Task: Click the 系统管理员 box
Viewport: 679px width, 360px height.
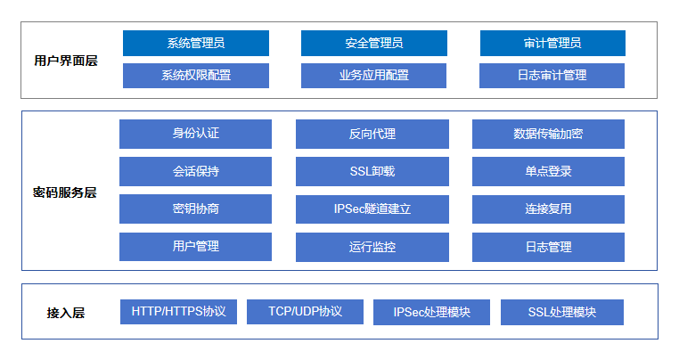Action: [196, 43]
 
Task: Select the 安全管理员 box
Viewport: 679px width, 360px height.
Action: [374, 43]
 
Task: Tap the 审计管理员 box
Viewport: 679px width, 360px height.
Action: [552, 43]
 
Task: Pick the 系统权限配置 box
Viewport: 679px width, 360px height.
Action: [196, 76]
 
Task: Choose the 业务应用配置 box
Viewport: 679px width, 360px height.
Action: [373, 76]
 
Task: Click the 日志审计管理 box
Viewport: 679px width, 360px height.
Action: [552, 76]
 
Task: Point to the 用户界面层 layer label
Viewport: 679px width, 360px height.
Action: [66, 61]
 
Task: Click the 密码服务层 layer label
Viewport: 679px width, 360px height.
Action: [64, 192]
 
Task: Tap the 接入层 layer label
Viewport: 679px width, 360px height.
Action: [66, 313]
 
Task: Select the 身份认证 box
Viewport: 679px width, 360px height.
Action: [195, 134]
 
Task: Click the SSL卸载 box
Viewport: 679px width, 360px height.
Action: [372, 172]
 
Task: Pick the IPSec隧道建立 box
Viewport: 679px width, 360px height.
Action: [372, 209]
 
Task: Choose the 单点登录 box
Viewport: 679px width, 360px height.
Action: [548, 172]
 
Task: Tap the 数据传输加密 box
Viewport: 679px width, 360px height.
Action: [548, 134]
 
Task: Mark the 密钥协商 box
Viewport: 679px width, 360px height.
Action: [195, 209]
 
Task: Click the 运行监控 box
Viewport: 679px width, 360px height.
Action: [372, 247]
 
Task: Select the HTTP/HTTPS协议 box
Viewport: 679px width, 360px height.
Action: [178, 312]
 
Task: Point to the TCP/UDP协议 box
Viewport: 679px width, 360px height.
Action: [305, 312]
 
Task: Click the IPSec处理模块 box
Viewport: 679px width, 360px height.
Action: [432, 313]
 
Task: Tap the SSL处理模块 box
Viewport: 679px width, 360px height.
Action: [562, 313]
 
